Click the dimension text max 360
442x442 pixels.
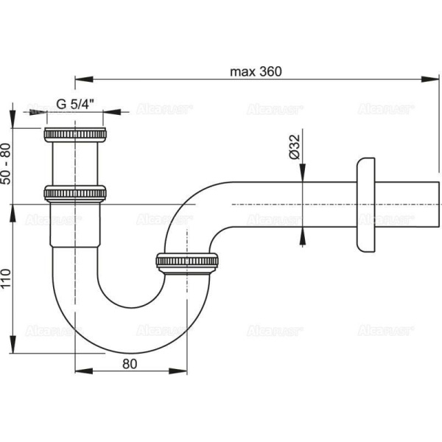click(256, 71)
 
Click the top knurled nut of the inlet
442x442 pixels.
click(76, 135)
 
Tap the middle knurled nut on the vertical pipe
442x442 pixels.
click(76, 192)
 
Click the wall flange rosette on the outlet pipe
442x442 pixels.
click(365, 203)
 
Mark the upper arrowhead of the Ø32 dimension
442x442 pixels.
click(302, 174)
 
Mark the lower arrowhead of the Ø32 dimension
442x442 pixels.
click(302, 233)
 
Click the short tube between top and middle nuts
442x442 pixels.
click(76, 164)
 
